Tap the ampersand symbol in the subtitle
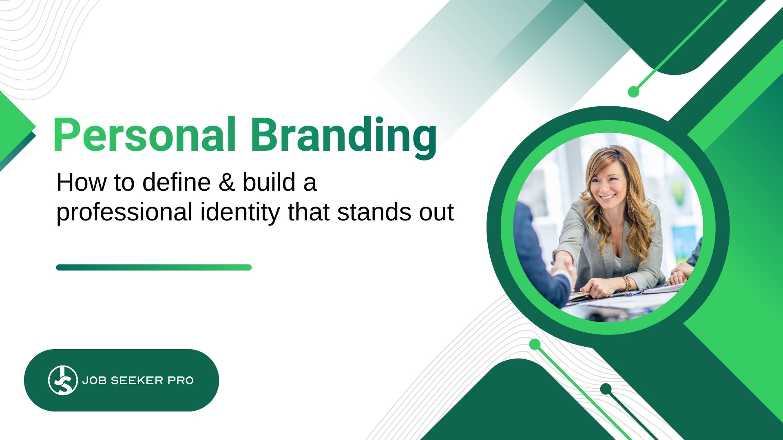coord(227,182)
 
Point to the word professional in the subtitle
coord(124,213)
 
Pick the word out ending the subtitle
coord(437,213)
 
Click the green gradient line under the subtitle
coord(154,267)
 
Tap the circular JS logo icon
coord(63,380)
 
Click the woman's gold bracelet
coord(627,282)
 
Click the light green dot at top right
coord(633,92)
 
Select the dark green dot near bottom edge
coord(606,389)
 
